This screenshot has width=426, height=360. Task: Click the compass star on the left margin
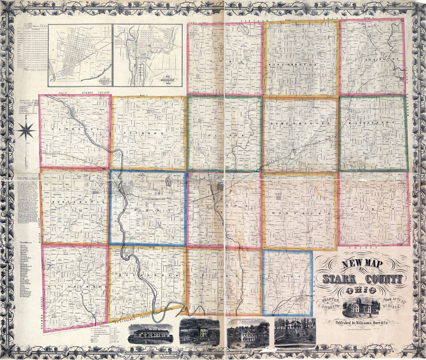26,129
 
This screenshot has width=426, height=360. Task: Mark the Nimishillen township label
300,123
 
